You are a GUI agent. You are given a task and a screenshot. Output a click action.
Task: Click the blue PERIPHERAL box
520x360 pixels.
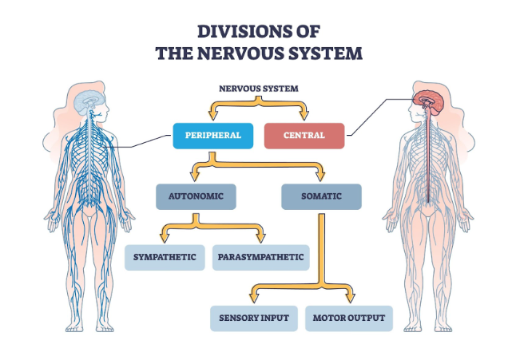[212, 135]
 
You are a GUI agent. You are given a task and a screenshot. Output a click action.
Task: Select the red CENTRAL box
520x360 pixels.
[304, 135]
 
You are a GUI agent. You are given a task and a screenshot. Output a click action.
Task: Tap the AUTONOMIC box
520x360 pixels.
[196, 196]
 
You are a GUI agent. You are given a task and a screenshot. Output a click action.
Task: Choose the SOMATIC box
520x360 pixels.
[321, 196]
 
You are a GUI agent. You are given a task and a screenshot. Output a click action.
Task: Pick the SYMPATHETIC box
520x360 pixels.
[165, 257]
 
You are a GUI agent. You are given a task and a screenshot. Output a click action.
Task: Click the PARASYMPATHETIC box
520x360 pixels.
[260, 257]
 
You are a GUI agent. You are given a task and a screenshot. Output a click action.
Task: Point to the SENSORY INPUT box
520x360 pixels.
[254, 318]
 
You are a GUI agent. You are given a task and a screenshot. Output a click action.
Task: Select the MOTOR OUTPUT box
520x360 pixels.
[348, 318]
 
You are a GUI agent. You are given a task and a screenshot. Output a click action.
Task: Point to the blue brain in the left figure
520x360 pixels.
[87, 101]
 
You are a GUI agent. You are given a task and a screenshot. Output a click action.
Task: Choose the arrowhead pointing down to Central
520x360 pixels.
[304, 117]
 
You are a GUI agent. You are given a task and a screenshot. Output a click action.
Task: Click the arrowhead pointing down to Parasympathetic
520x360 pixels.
[260, 238]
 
